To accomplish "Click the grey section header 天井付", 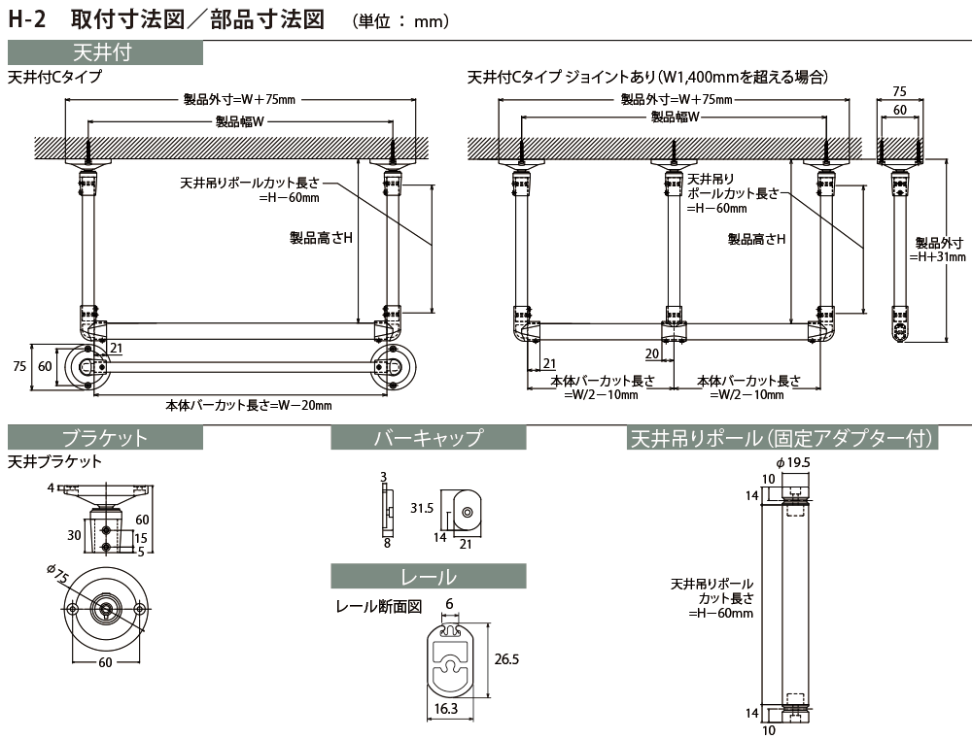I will [105, 52].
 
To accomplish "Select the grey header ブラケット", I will [105, 438].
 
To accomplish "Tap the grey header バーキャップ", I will [428, 438].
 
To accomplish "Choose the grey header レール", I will [428, 577].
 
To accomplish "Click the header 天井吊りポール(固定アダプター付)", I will [783, 438].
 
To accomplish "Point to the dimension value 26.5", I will [505, 659].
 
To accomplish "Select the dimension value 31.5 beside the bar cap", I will [421, 508].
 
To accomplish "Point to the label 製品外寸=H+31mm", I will [939, 250].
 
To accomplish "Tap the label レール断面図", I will [378, 607].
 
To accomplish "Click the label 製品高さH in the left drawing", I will [321, 237].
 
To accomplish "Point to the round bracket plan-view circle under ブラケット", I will [105, 609].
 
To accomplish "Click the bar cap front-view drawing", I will [465, 510].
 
